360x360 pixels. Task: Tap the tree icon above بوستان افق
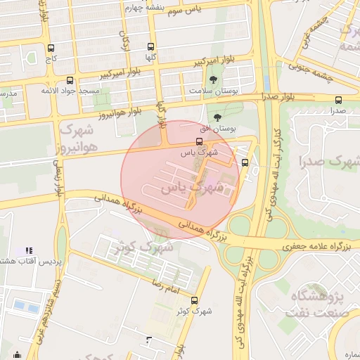(217, 117)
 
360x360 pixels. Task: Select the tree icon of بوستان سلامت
(212, 79)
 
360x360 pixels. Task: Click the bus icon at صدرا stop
(339, 100)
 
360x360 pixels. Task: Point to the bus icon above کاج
(51, 49)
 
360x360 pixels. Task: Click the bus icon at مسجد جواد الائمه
(69, 80)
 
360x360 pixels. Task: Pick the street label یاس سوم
(204, 8)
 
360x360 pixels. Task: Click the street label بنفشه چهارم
(145, 7)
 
